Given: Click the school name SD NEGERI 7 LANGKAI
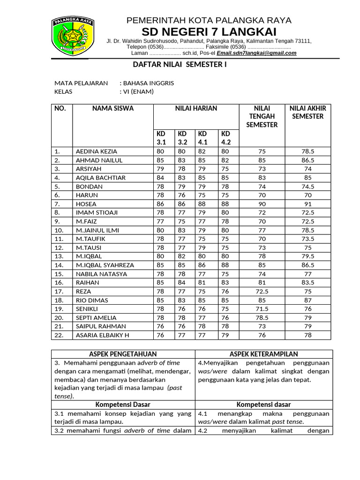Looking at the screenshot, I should (209, 32).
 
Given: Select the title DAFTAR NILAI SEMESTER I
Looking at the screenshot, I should (178, 64).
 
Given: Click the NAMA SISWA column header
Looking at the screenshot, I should (113, 108).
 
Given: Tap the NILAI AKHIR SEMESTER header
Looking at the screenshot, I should (307, 112).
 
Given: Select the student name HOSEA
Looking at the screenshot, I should (86, 204).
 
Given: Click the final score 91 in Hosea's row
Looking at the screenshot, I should (307, 204).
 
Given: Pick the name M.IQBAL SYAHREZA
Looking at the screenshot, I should (105, 265).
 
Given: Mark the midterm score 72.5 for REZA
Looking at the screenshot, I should (262, 291).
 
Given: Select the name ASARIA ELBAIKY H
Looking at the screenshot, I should (103, 335).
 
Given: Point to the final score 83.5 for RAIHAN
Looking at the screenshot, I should (307, 283).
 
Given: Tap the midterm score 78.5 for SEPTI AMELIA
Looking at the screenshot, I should (262, 317).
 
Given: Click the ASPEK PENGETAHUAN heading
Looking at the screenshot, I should (123, 354).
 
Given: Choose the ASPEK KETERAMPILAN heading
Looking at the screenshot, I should (264, 354).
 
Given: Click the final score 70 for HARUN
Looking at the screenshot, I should (307, 195).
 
